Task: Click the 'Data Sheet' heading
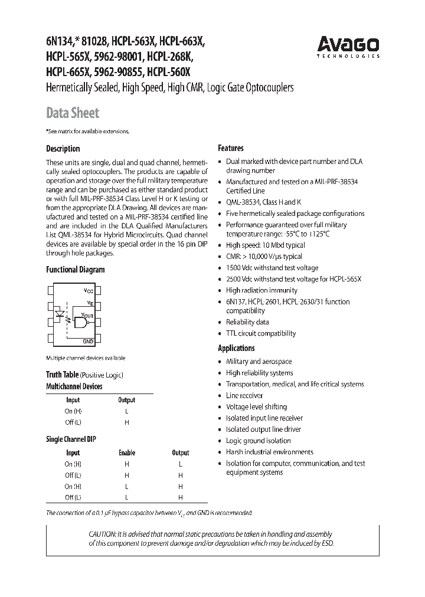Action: click(x=73, y=113)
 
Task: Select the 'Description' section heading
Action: click(x=63, y=149)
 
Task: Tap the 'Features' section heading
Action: click(x=231, y=148)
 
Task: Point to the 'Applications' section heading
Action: click(x=236, y=348)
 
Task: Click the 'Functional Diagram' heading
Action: click(x=75, y=270)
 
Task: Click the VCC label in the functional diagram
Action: click(x=88, y=291)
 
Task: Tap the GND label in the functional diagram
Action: click(x=88, y=342)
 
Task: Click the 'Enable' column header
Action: click(x=126, y=452)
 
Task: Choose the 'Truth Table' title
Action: click(x=62, y=375)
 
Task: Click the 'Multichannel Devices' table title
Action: click(x=74, y=386)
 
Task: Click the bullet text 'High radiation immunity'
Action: click(x=261, y=290)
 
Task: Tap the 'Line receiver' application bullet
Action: click(x=244, y=395)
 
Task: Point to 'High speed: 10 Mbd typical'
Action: click(x=265, y=245)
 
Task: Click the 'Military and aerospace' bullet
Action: click(x=259, y=361)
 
